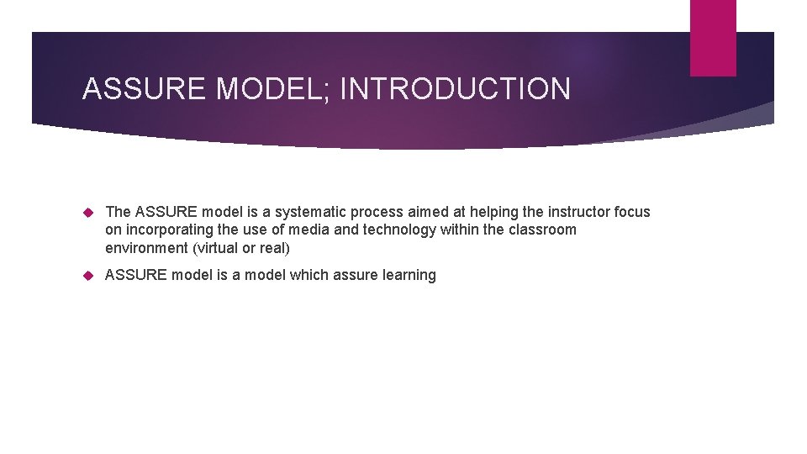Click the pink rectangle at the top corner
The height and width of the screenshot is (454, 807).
[713, 38]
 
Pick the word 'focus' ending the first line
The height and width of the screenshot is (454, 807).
[631, 212]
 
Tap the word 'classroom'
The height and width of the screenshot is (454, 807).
[543, 230]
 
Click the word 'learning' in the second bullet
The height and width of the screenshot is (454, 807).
[409, 275]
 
